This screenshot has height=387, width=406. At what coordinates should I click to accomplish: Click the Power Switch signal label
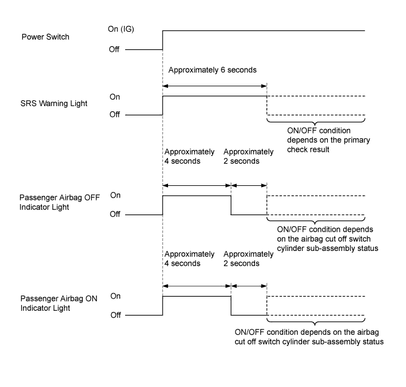pos(45,37)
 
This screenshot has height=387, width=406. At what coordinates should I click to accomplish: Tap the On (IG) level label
pos(121,29)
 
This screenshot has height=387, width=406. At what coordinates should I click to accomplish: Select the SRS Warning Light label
pos(54,104)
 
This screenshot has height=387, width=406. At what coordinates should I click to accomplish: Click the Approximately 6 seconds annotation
pos(212,70)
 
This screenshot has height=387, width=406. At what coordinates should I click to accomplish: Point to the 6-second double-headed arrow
pos(214,86)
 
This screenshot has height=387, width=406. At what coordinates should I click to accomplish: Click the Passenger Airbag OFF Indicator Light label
pos(59,202)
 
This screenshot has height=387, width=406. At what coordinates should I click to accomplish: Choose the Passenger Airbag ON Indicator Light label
pos(59,303)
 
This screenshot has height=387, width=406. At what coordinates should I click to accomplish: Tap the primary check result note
pos(328,140)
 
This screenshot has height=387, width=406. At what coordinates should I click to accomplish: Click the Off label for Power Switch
pos(114,49)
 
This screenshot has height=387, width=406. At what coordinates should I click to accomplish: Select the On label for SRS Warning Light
pos(115,97)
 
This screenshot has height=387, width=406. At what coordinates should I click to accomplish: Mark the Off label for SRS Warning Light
pos(115,114)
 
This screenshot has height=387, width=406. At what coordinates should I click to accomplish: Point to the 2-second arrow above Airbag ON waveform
pos(249,286)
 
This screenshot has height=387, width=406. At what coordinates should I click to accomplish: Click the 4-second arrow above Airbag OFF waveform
pos(197,185)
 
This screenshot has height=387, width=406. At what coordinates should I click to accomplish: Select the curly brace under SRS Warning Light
pos(316,121)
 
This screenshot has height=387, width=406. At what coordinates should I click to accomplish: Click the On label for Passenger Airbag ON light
pos(116,296)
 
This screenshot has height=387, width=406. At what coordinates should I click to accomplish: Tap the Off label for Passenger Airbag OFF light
pos(115,214)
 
